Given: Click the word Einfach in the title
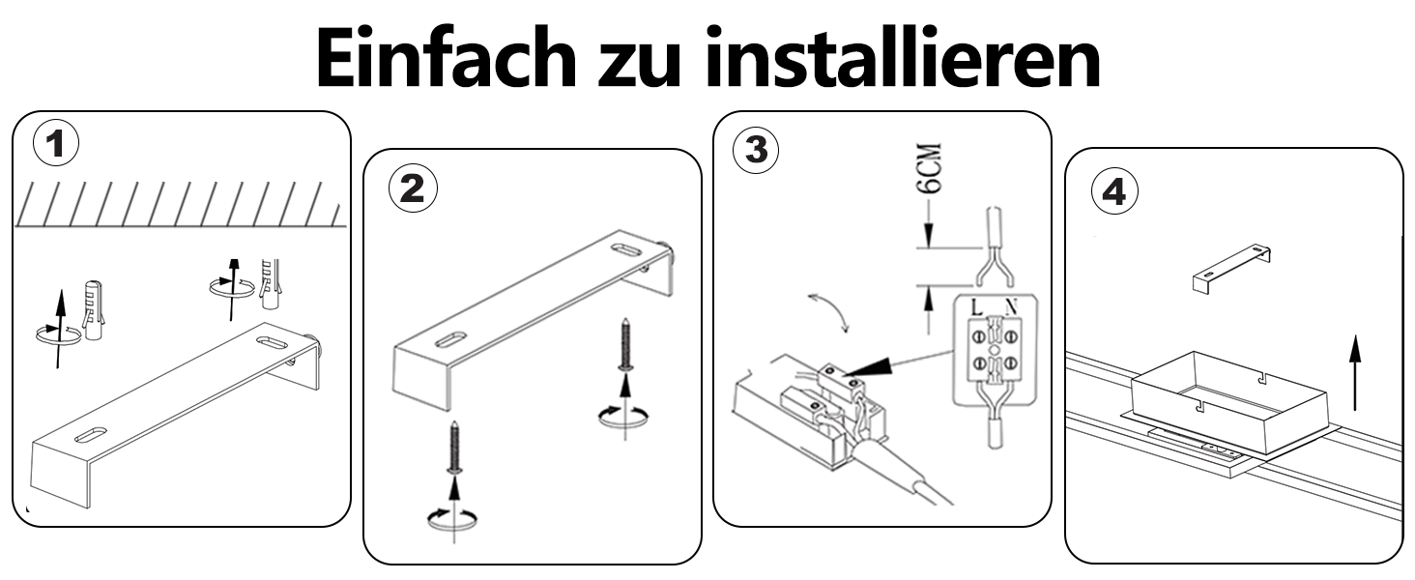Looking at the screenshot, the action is point(446,57).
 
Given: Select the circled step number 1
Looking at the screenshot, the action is point(56,144).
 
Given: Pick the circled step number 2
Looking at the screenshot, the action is point(413,188).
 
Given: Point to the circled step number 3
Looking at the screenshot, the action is point(756,151).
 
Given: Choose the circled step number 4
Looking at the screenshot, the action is point(1114,191).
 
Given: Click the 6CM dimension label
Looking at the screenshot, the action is point(931,168).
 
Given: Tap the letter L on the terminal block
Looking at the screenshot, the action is point(976,307).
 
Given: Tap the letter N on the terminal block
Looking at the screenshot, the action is point(1011,307).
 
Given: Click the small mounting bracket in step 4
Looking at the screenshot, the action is point(1231,269).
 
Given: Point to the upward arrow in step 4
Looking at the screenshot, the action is point(1354,373).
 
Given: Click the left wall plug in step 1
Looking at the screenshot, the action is point(94,310).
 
